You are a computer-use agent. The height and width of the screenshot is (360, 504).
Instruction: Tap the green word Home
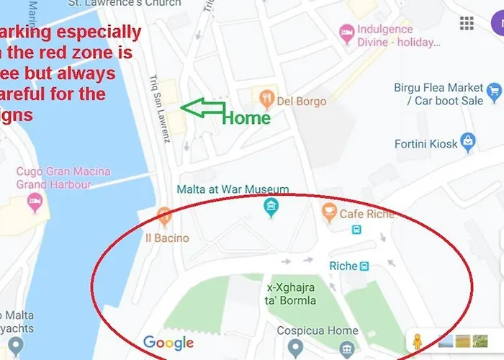pos(246,117)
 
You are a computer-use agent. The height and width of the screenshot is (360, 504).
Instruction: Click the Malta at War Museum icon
pos(271,209)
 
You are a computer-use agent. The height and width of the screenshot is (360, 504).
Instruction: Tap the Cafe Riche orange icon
pos(329,212)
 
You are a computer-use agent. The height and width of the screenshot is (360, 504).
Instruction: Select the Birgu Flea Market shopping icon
pos(493,91)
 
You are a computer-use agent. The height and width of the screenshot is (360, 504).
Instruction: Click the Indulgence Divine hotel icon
pos(346,33)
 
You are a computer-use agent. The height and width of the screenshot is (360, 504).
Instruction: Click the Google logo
pos(168,343)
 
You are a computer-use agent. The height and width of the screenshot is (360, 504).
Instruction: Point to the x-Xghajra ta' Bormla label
pos(291,292)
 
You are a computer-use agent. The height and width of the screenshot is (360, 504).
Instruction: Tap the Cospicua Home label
pos(318,331)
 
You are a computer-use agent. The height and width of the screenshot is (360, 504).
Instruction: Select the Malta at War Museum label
pos(233,189)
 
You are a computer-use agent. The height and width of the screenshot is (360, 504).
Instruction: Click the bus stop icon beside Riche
pos(365,266)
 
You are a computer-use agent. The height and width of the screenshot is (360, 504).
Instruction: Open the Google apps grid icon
pos(467,23)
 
